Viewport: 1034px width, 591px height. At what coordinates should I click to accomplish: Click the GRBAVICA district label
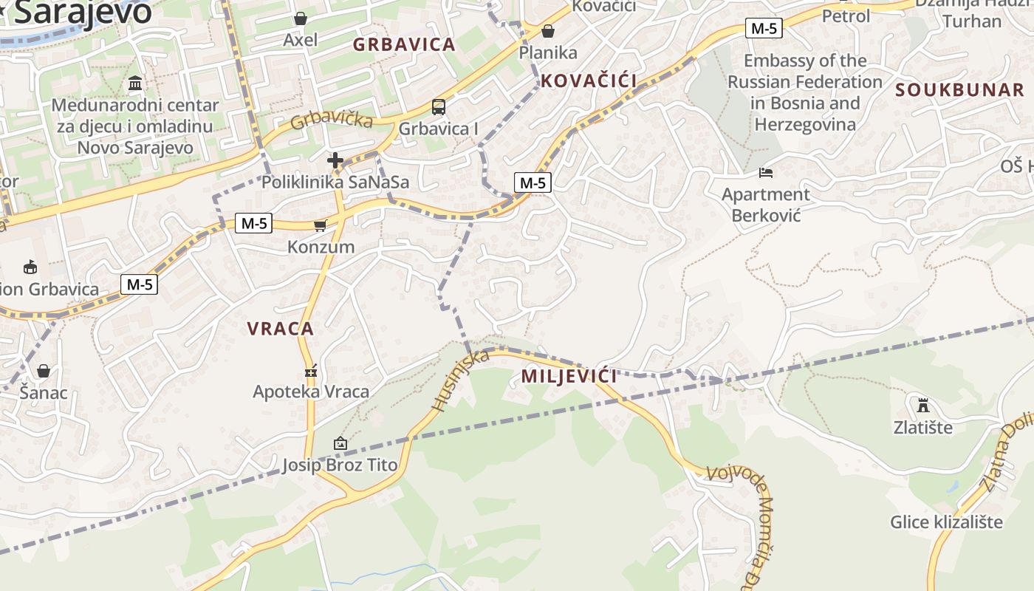click(404, 44)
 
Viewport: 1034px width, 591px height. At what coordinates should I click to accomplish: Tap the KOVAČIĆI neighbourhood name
click(589, 81)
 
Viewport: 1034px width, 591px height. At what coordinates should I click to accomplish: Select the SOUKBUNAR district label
click(959, 90)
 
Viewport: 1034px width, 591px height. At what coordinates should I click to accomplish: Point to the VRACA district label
click(281, 329)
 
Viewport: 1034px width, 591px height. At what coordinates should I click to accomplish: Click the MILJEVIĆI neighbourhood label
click(569, 376)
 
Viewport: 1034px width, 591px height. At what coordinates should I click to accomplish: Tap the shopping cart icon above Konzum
click(320, 225)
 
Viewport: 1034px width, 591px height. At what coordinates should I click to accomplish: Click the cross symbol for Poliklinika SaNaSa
click(335, 160)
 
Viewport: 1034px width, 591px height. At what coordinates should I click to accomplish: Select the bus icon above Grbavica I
click(439, 107)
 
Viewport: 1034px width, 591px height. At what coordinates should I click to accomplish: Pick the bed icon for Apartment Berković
click(766, 173)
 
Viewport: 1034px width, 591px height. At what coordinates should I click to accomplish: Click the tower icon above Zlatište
click(922, 405)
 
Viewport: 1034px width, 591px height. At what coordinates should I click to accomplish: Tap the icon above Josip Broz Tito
click(340, 443)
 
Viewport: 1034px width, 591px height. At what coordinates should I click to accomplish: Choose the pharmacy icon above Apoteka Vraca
click(311, 370)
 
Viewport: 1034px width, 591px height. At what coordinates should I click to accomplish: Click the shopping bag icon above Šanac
click(44, 370)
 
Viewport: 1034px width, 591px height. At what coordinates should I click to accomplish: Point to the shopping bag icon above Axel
click(301, 18)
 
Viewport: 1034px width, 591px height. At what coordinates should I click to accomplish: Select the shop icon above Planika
click(548, 31)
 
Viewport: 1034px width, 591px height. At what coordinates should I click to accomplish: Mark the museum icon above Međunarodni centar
click(135, 83)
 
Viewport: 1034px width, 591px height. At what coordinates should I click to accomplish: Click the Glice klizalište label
click(946, 522)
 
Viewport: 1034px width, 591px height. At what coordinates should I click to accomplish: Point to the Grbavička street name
click(331, 118)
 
